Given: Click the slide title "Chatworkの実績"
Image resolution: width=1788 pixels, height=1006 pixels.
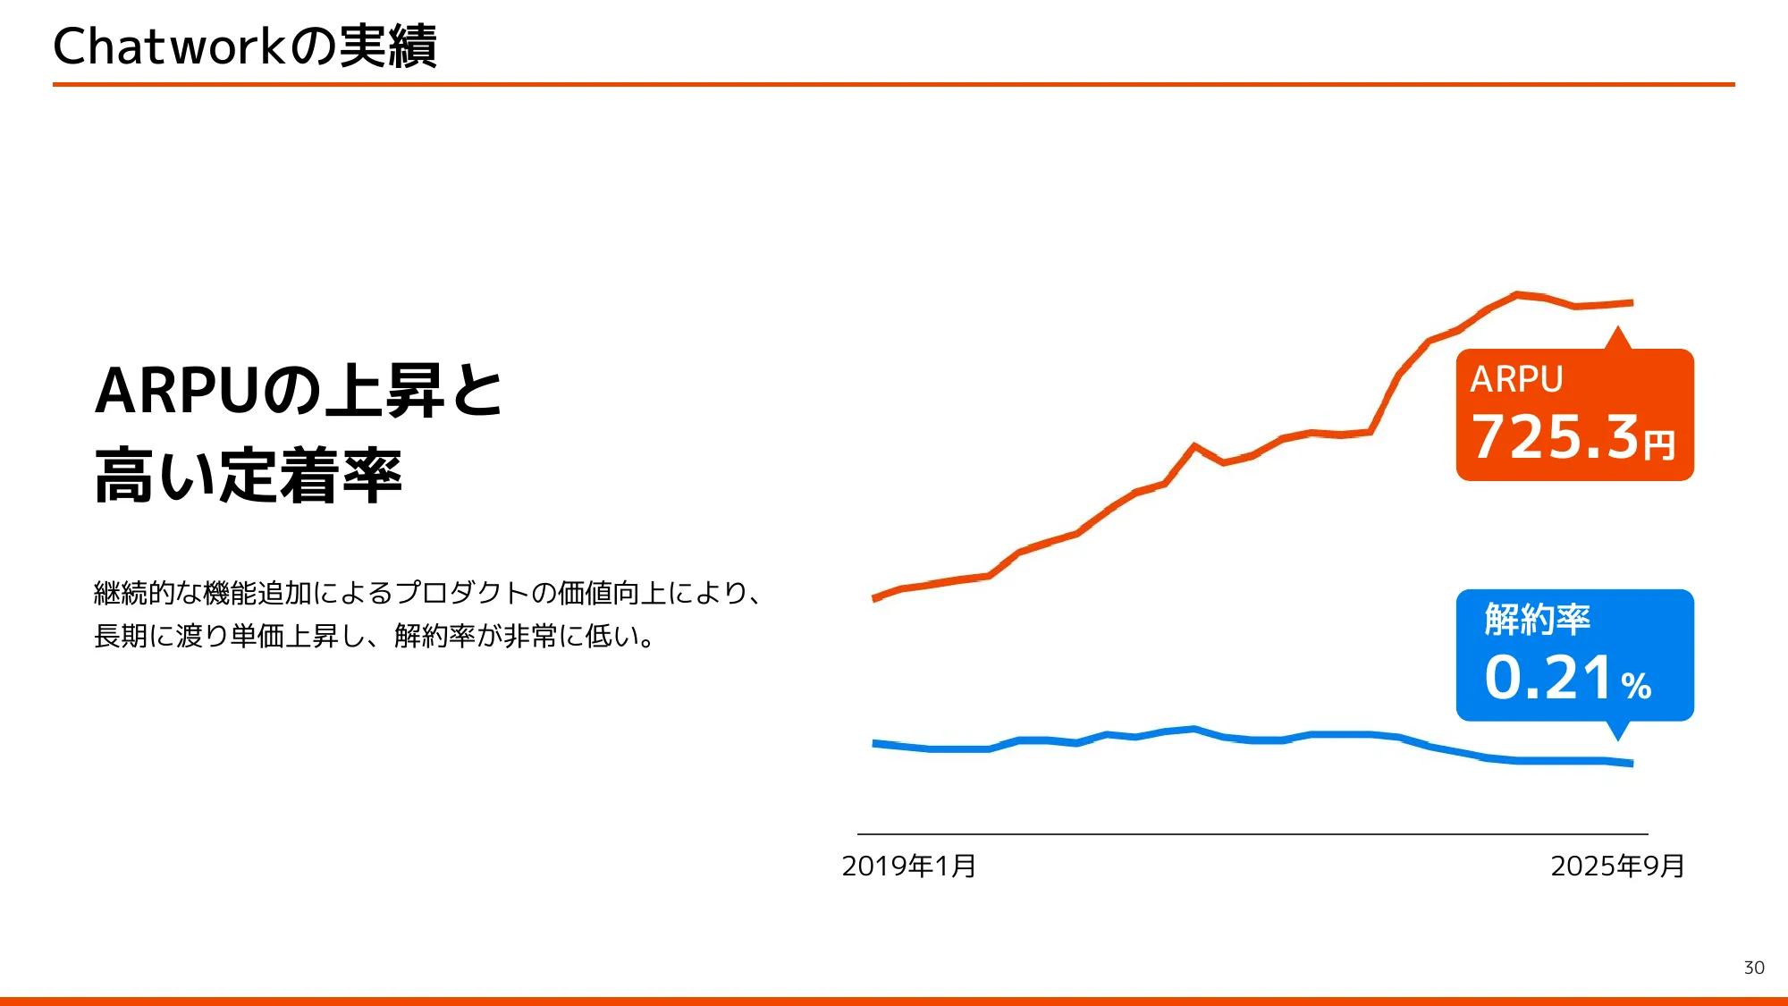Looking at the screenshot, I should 244,46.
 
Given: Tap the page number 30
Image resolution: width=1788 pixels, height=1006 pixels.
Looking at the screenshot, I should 1753,968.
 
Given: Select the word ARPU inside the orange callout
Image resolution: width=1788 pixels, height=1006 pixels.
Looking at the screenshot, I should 1516,379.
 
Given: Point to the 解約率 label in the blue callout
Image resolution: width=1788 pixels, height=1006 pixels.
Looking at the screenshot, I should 1537,619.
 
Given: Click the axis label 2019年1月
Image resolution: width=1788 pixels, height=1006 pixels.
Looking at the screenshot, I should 908,866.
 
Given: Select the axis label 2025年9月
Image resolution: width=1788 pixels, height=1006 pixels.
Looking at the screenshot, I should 1617,866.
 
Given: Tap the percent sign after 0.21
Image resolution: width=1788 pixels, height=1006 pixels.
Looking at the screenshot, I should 1636,686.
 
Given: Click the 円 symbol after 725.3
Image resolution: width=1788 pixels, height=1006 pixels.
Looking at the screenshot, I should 1659,444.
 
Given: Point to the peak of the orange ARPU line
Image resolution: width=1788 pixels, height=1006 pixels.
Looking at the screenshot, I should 1516,293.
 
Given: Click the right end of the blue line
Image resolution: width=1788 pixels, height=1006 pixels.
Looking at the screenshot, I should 1632,764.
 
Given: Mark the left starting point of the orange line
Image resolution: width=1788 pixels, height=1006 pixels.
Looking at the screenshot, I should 875,598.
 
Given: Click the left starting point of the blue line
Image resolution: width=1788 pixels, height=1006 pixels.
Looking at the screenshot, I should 875,743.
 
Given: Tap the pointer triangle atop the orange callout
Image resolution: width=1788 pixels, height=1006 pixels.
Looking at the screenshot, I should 1617,339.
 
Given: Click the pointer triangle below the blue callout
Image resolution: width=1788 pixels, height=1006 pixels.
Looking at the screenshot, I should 1617,731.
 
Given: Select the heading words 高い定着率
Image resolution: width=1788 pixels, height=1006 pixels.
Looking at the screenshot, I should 249,476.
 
